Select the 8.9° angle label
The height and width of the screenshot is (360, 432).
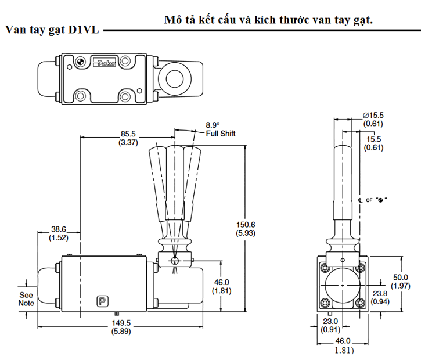click(213, 125)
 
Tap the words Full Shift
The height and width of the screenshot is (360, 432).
click(221, 134)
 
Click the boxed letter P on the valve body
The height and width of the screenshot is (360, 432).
click(102, 301)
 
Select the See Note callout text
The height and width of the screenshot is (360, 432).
click(26, 298)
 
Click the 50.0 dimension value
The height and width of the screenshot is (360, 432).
click(400, 278)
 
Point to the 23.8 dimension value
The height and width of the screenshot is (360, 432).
click(380, 293)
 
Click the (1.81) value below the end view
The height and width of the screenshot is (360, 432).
click(343, 350)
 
